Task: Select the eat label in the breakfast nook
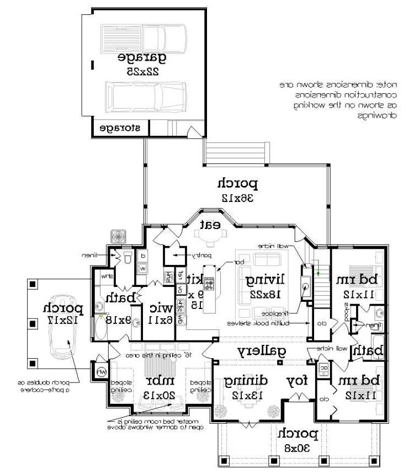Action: pos(210,224)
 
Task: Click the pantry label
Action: pos(197,256)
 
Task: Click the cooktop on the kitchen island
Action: pos(210,285)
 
